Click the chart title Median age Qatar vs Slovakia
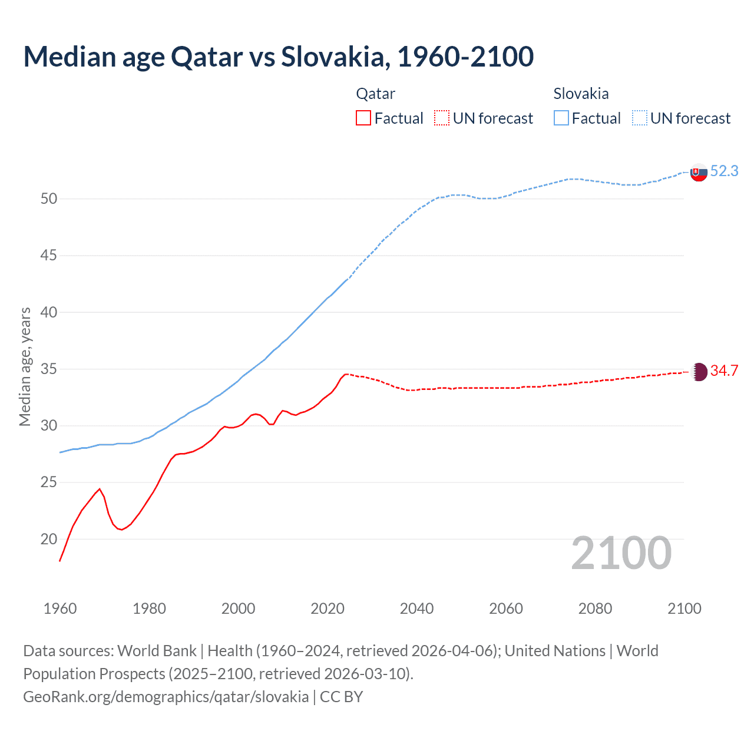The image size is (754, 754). tap(278, 57)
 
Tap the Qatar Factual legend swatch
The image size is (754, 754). tap(363, 118)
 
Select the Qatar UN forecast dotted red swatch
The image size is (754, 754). tap(442, 118)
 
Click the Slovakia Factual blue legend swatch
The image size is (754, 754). tap(561, 118)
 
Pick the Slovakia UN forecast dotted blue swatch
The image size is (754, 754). tap(640, 118)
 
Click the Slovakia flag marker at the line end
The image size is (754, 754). tap(699, 173)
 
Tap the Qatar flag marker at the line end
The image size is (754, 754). tap(699, 372)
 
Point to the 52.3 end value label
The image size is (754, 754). tap(724, 171)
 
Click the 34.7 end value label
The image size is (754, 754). tap(724, 371)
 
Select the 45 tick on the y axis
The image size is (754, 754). tap(49, 256)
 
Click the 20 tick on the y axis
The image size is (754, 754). tap(49, 539)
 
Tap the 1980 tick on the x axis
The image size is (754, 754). tap(149, 609)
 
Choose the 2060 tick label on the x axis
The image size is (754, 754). tap(506, 609)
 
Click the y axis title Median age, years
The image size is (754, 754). tap(25, 366)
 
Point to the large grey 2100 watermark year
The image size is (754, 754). tap(621, 553)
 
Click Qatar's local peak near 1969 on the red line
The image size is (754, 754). tap(100, 489)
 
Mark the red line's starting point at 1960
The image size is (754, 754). tap(60, 560)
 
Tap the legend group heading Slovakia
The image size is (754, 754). tap(581, 94)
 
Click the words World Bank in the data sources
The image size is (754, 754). tap(157, 651)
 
